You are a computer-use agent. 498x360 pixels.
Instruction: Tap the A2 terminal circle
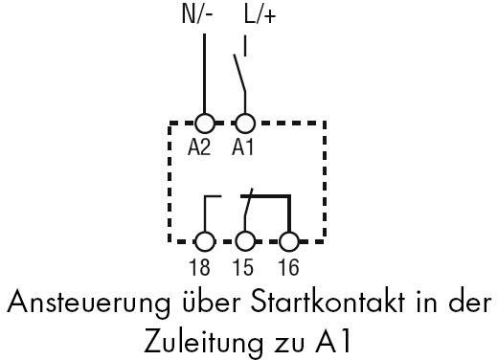pos(204,123)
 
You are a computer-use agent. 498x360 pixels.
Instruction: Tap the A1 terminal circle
pos(245,123)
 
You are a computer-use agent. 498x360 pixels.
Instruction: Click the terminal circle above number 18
pos(204,241)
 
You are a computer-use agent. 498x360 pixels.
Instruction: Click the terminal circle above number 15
pos(245,241)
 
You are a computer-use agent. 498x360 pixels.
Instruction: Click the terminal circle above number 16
pos(287,241)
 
